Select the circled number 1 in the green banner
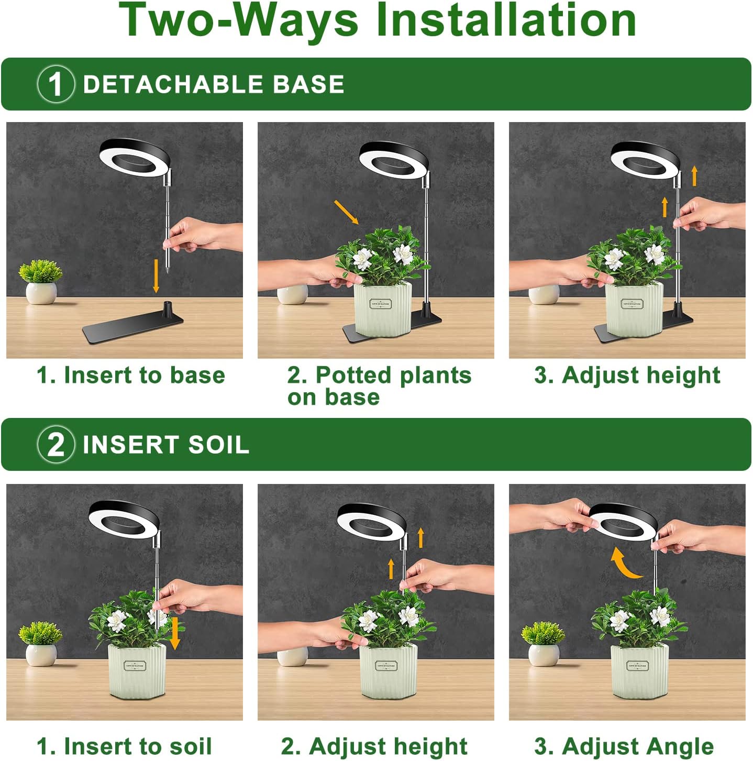click(x=56, y=84)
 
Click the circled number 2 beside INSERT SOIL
click(x=56, y=445)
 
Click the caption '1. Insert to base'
click(x=131, y=375)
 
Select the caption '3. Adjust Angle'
click(x=624, y=746)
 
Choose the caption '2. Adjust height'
click(x=374, y=746)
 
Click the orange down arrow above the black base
click(x=156, y=275)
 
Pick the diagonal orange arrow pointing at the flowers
click(x=346, y=212)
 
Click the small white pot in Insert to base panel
click(x=41, y=293)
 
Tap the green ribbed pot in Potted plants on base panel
click(x=383, y=308)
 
